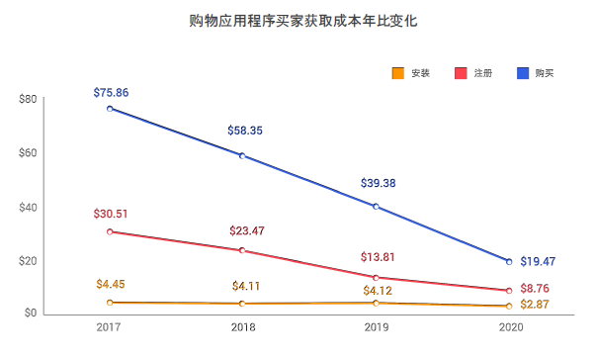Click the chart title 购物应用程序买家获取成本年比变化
(x=298, y=20)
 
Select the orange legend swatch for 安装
(x=398, y=73)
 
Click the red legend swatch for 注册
(x=461, y=73)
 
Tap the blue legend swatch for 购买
(x=523, y=73)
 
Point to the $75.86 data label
(x=111, y=92)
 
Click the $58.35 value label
(x=244, y=130)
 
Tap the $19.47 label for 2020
(x=538, y=262)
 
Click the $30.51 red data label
(x=111, y=213)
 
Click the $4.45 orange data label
(x=110, y=285)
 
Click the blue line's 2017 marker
(x=110, y=109)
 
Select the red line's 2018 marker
(x=242, y=250)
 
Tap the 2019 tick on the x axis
(x=377, y=326)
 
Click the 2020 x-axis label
(x=510, y=326)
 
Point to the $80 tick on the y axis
(x=28, y=99)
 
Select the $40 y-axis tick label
(x=28, y=207)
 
